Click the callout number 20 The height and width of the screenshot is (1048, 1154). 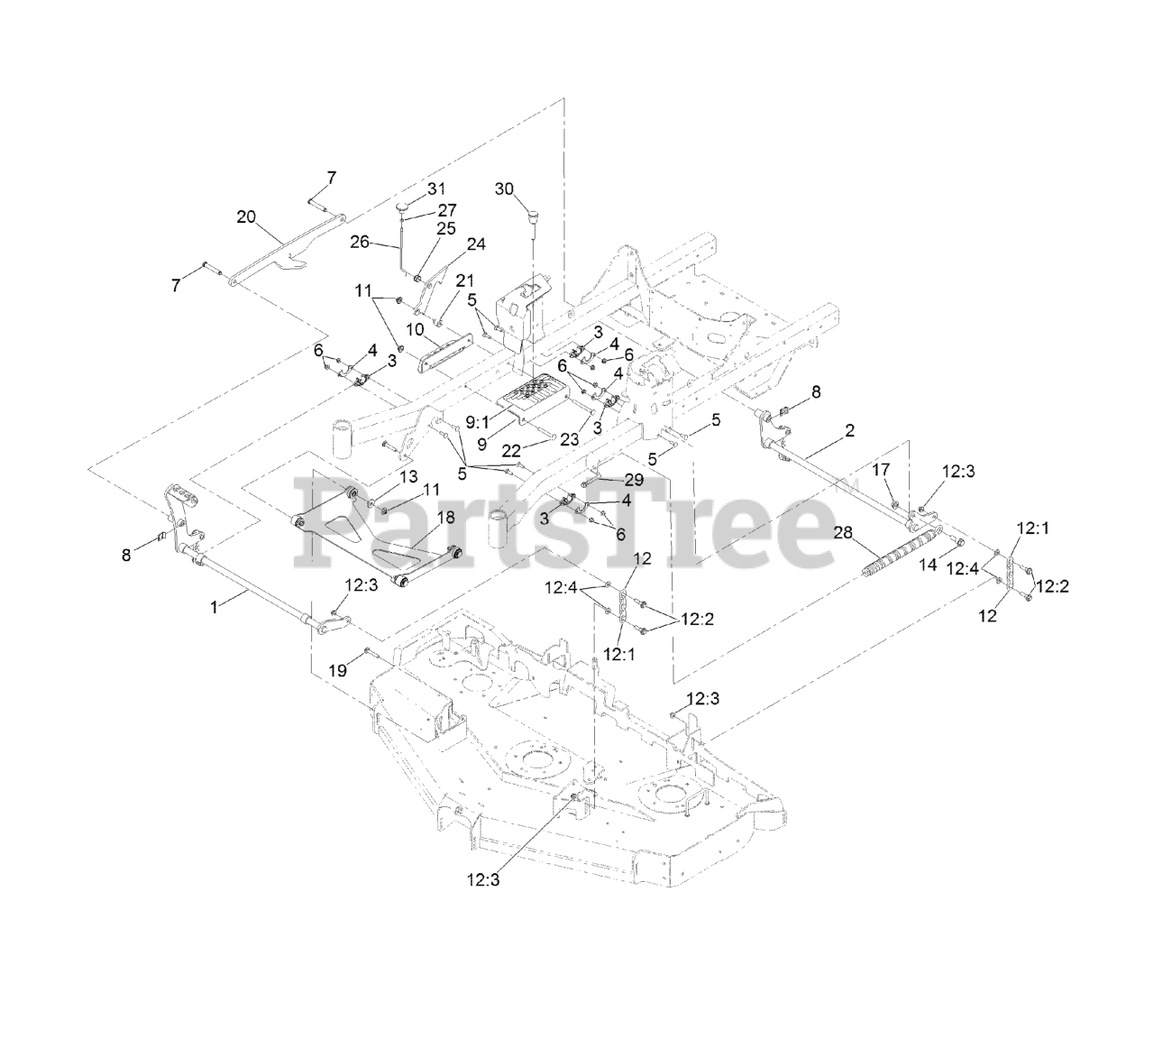[246, 216]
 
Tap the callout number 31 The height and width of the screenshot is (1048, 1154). [436, 188]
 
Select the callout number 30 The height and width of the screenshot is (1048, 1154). [504, 188]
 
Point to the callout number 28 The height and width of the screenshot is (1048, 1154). [843, 533]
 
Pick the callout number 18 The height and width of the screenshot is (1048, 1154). [445, 518]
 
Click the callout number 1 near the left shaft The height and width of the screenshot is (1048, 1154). [214, 608]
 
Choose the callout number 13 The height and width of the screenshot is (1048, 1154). [408, 475]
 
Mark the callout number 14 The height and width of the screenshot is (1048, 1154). [928, 565]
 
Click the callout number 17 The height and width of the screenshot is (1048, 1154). [881, 468]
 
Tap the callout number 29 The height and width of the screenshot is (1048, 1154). [634, 480]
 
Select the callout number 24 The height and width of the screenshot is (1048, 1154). [475, 244]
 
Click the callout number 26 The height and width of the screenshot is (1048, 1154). [360, 242]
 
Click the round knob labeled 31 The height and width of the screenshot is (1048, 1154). [402, 210]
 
